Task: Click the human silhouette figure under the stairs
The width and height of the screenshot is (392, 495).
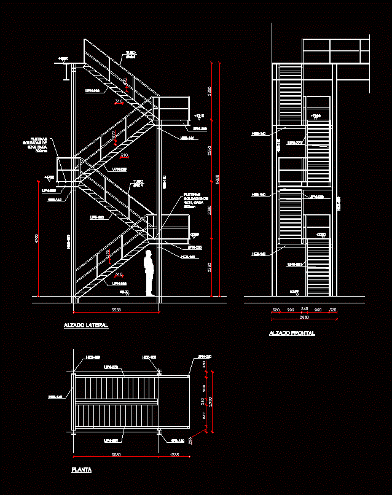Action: [149, 273]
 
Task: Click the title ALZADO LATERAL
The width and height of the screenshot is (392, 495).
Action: [86, 325]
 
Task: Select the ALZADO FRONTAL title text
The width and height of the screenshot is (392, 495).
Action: [292, 333]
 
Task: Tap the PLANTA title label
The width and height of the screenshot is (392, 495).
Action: [82, 470]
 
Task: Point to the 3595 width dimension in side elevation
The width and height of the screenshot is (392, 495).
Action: [116, 309]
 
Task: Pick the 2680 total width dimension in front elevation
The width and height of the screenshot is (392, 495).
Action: [304, 318]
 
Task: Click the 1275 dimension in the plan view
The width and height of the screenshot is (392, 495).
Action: [174, 455]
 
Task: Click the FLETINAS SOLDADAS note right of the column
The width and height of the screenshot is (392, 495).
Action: [196, 201]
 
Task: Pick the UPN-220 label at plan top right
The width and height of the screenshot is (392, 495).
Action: [204, 357]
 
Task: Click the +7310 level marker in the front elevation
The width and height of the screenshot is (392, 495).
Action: [316, 116]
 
